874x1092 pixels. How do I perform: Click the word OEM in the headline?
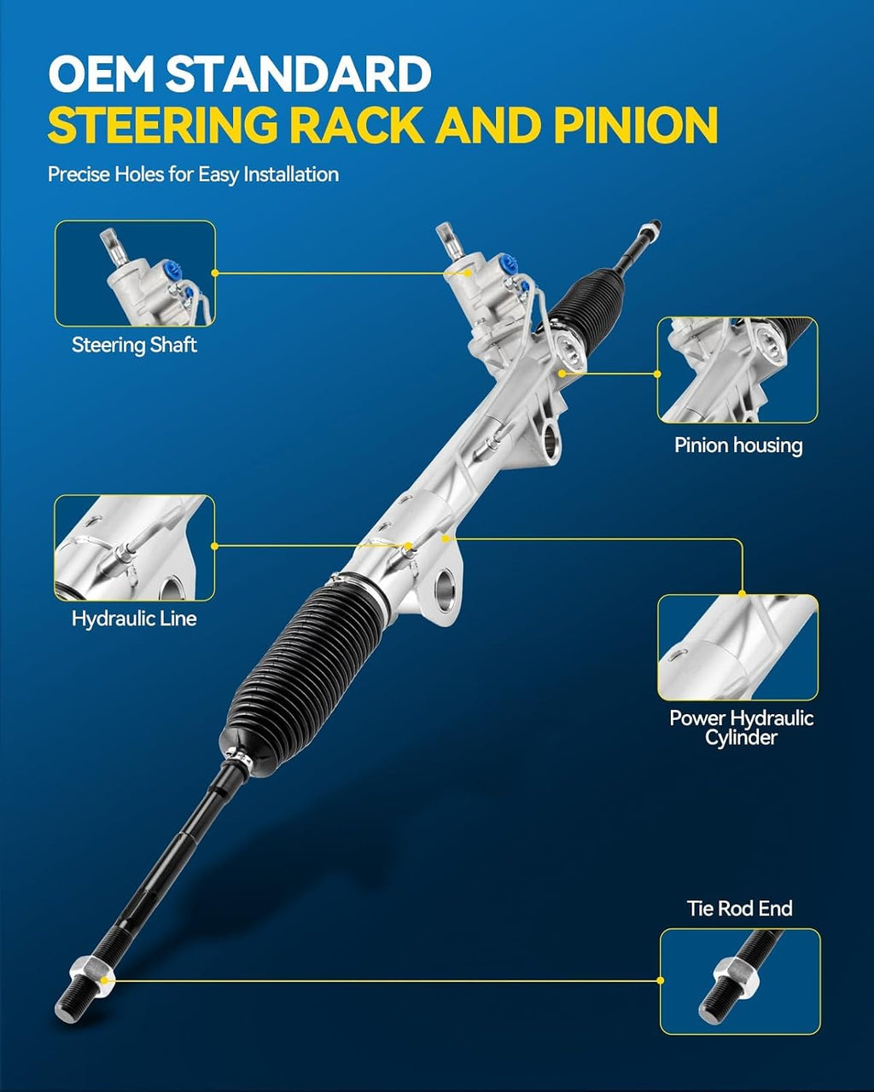coord(101,73)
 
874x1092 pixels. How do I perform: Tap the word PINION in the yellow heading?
coord(636,125)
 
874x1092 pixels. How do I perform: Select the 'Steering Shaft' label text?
coord(134,345)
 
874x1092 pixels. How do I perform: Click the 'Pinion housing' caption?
coord(738,445)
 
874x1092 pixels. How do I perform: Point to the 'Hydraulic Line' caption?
coord(134,619)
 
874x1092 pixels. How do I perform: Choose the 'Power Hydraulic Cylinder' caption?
coord(741,728)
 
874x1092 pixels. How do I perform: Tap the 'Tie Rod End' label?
coord(739,909)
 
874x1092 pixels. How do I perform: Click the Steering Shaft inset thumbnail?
coord(135,274)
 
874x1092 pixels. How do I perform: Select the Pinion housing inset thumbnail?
coord(737,370)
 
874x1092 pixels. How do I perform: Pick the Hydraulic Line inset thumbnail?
coord(135,548)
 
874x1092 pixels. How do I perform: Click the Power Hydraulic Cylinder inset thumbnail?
coord(738,648)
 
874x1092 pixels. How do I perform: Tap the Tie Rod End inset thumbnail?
coord(740,981)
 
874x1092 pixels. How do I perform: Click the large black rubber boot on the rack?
coord(304,677)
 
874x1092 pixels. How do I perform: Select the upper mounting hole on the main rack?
coord(551,439)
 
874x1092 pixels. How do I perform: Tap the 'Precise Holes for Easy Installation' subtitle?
coord(193,175)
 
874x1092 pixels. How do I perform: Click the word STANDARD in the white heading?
coord(299,73)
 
